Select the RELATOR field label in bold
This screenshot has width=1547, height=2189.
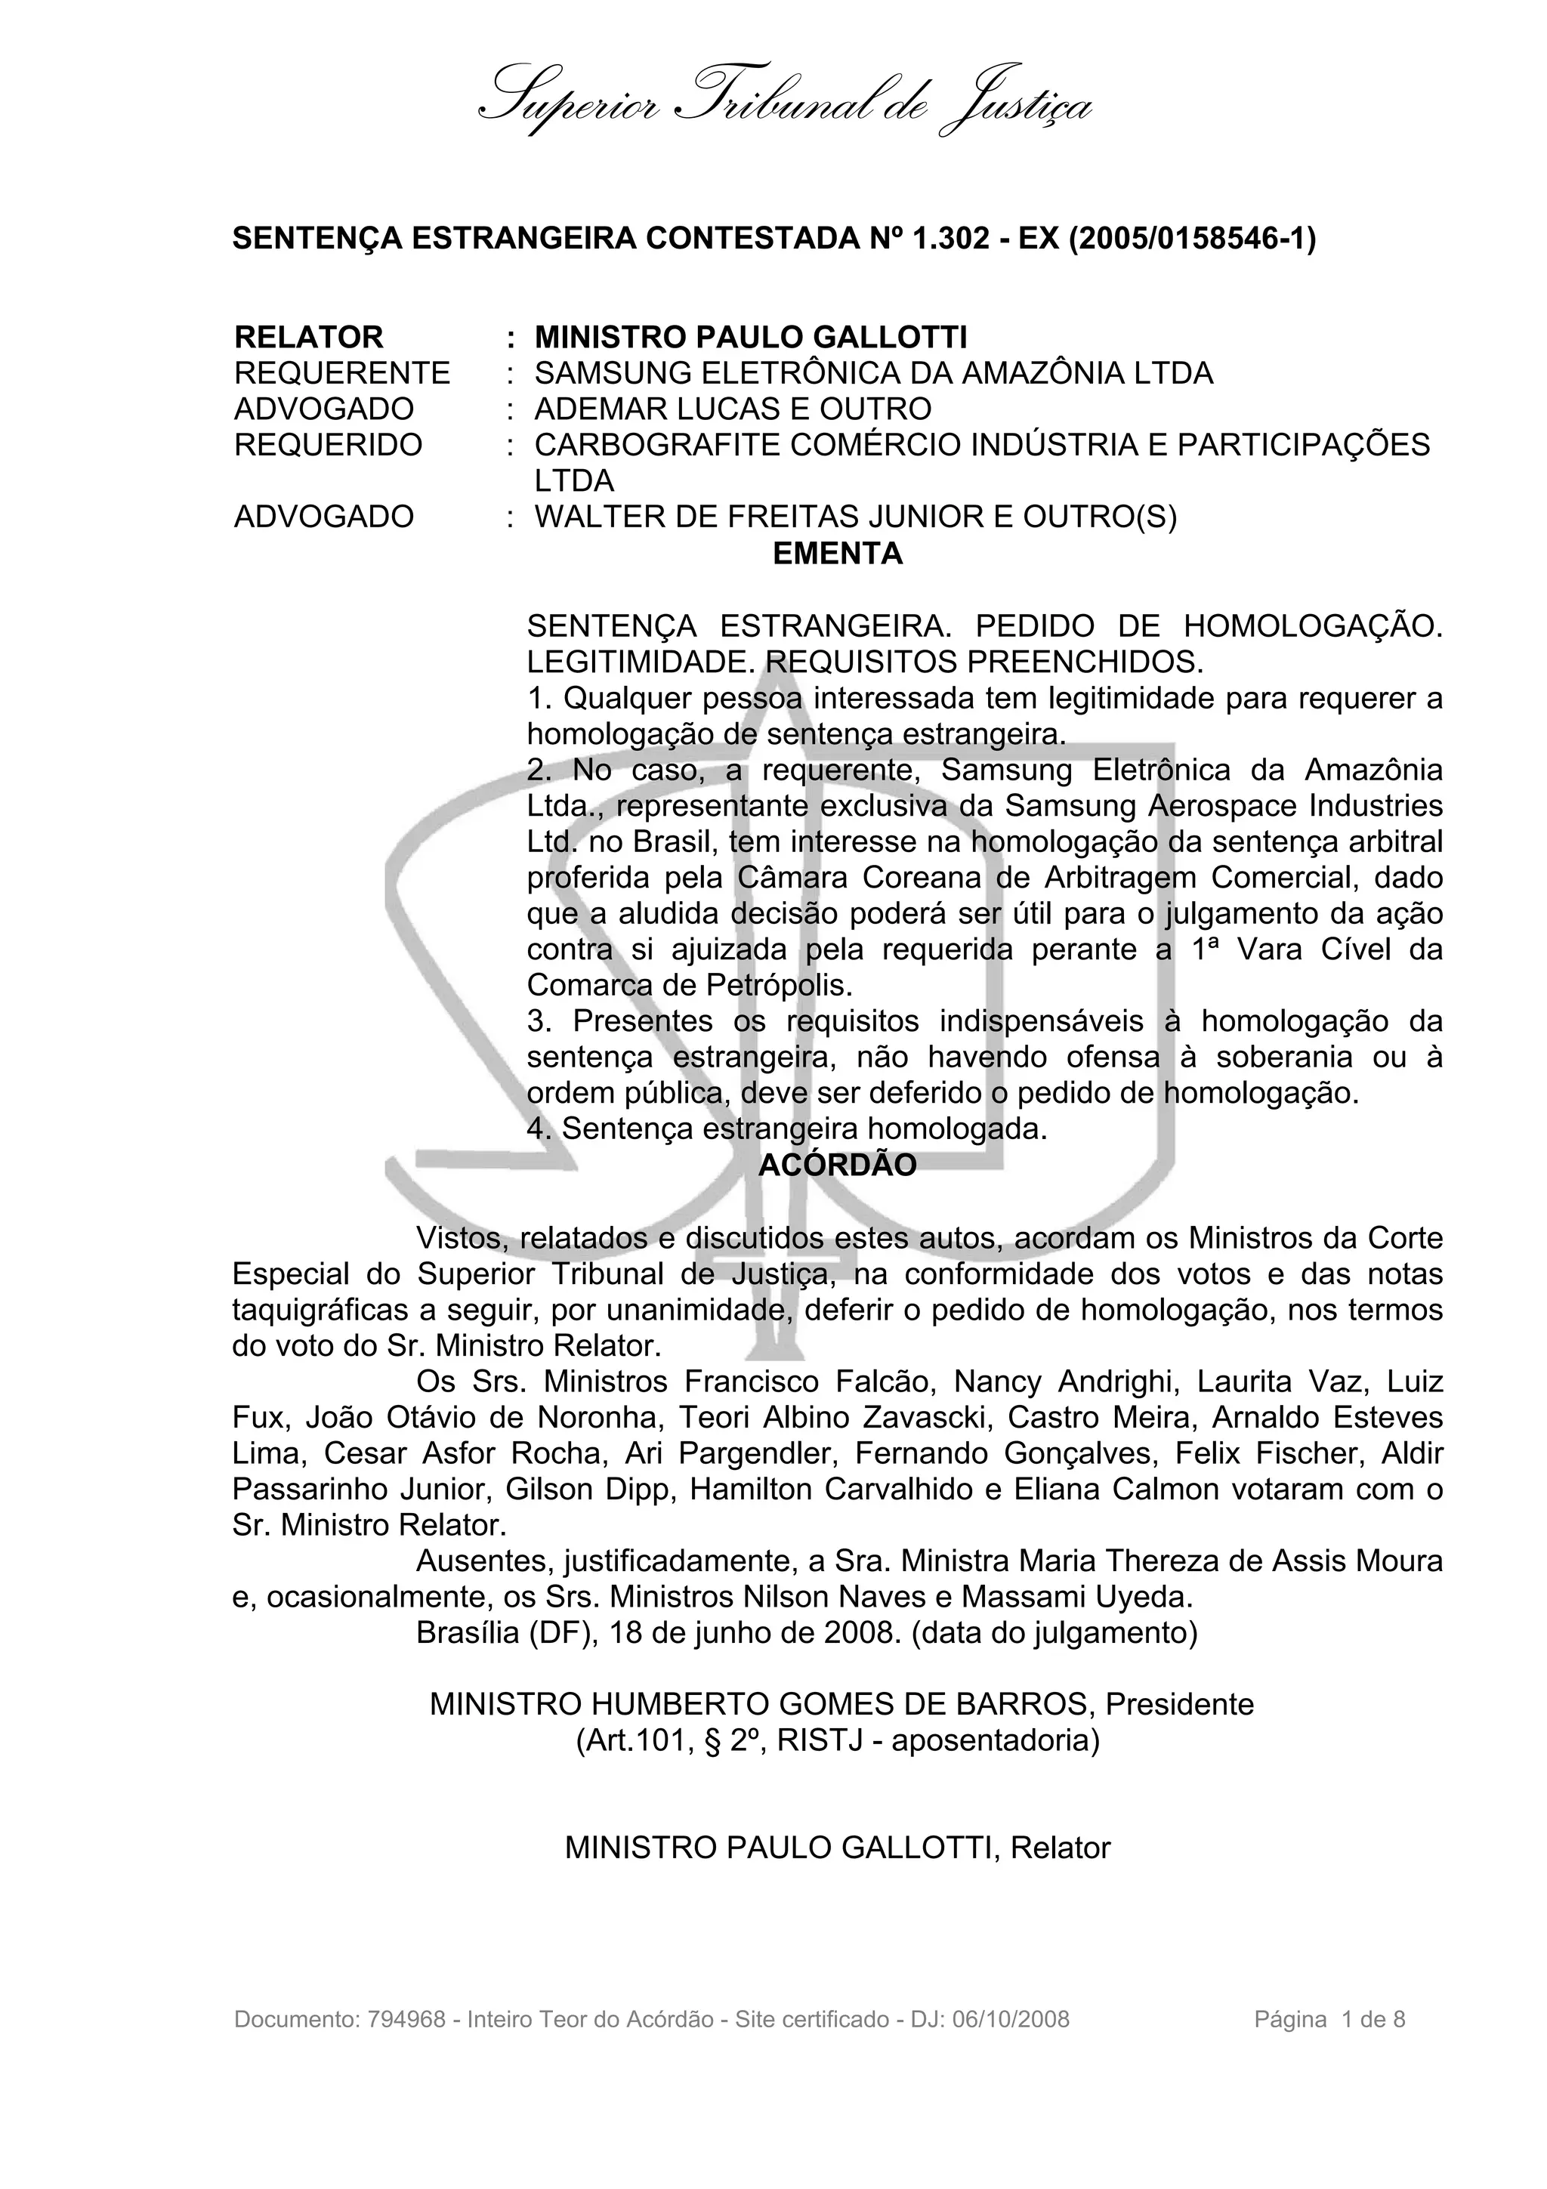coord(308,338)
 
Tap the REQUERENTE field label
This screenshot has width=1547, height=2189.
coord(342,373)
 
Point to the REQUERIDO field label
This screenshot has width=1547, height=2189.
coord(328,445)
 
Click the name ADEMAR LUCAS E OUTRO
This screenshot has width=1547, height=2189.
coord(732,409)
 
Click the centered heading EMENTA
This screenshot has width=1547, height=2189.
coord(837,554)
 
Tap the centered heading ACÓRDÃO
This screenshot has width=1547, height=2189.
coord(837,1165)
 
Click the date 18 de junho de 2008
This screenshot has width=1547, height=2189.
coord(754,1633)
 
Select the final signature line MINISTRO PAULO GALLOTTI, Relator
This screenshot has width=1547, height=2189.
coord(837,1848)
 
